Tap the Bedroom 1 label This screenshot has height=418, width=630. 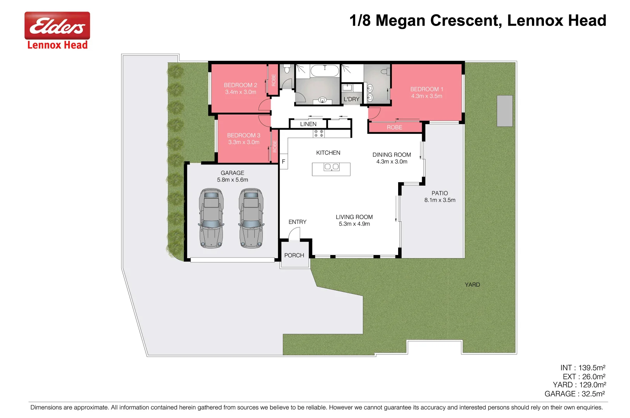(x=426, y=89)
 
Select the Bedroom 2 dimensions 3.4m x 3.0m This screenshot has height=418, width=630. (x=240, y=92)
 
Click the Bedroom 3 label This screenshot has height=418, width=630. (x=243, y=135)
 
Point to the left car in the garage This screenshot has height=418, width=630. (x=211, y=218)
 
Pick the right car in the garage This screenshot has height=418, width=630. (x=251, y=218)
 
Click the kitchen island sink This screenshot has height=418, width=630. (x=331, y=167)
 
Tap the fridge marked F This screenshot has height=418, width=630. (x=283, y=161)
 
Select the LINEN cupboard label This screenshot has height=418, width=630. (x=308, y=124)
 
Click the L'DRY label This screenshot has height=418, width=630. (x=351, y=99)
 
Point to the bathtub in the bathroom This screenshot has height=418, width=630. (x=324, y=71)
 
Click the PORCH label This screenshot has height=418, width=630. (x=294, y=255)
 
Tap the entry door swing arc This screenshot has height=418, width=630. (x=293, y=233)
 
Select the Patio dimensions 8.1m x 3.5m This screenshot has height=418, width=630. (x=440, y=200)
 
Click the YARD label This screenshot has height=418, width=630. (x=472, y=284)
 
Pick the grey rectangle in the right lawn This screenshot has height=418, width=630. (x=504, y=111)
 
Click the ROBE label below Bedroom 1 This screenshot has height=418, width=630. (x=394, y=127)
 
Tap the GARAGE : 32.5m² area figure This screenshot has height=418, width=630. (x=575, y=394)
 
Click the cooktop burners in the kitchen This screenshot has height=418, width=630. (x=319, y=134)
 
